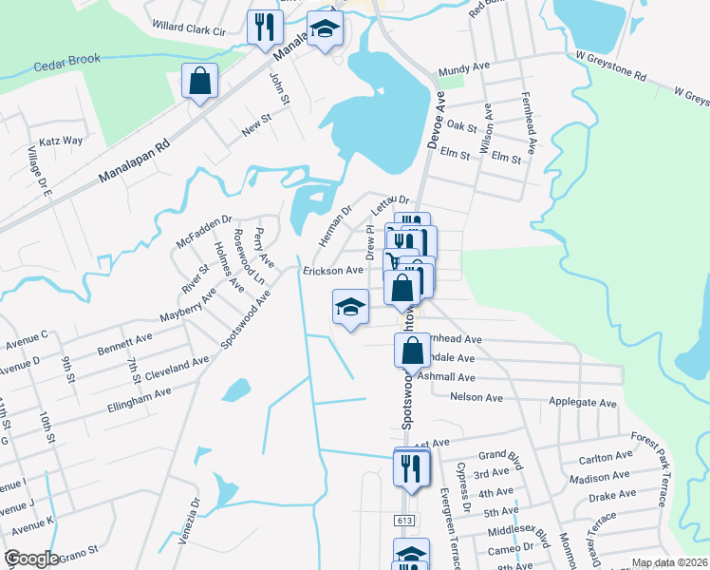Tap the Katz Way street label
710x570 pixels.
pos(60,141)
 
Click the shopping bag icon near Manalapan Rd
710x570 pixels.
pos(200,82)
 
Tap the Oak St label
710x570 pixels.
pos(461,125)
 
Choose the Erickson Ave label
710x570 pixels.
pos(333,271)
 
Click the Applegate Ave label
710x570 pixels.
pos(583,403)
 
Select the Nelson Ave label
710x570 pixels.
pos(475,396)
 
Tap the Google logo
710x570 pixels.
pos(31,559)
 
